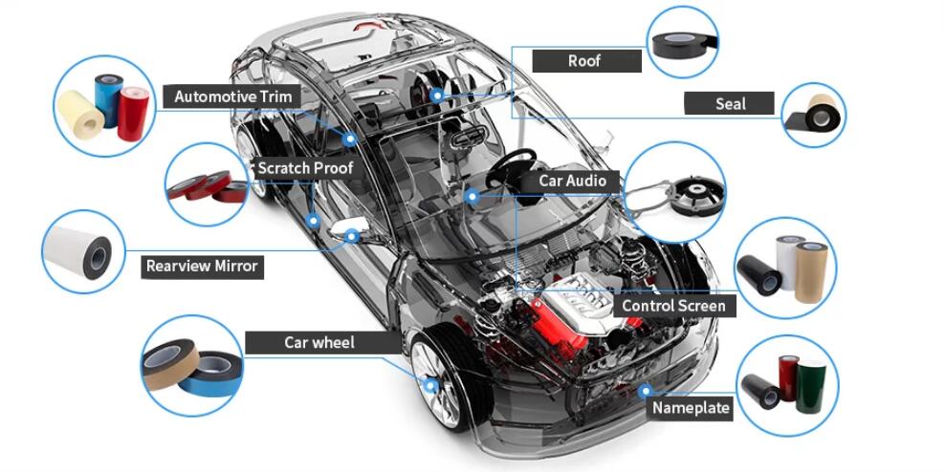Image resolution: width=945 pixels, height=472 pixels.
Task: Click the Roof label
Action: click(x=584, y=60)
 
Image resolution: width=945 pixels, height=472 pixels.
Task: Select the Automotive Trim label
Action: click(x=232, y=97)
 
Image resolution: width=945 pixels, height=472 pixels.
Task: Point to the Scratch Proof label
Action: click(x=305, y=168)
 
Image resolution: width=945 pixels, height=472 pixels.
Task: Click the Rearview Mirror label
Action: click(x=202, y=267)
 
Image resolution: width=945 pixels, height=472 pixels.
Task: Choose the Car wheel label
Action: click(x=319, y=342)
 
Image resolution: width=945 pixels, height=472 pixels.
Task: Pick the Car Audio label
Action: click(x=572, y=181)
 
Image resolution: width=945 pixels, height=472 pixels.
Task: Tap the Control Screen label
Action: click(x=674, y=306)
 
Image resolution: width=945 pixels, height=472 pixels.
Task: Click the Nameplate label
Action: click(x=691, y=408)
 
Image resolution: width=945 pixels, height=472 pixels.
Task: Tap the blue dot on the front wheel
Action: click(x=431, y=386)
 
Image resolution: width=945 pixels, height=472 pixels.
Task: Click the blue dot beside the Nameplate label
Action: click(x=646, y=390)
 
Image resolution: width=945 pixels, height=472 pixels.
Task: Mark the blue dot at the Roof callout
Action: click(x=436, y=95)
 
